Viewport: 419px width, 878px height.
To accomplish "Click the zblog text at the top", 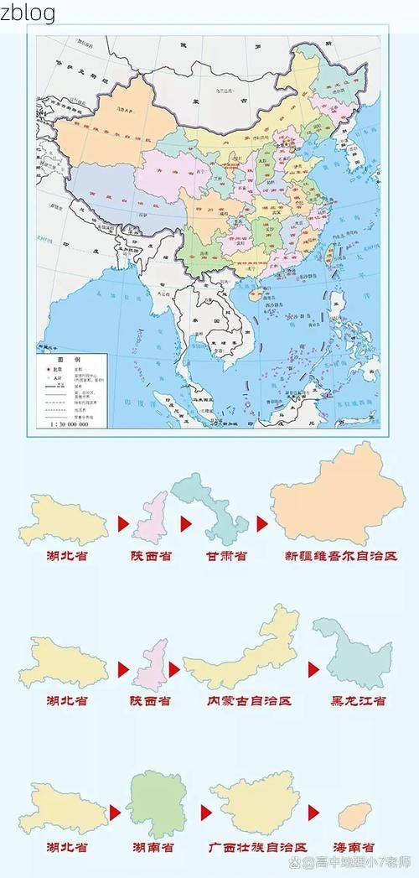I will point(28,13).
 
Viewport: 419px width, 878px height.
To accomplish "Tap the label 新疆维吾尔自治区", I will point(340,556).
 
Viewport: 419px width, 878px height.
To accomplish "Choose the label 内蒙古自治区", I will point(249,700).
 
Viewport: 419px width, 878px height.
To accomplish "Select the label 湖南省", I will point(153,848).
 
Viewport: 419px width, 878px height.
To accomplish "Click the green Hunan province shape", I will point(155,805).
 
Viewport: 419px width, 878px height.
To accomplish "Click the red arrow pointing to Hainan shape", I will point(313,813).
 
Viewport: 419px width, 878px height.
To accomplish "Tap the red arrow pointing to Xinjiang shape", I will point(262,524).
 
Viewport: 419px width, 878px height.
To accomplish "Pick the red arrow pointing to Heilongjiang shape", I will point(313,669).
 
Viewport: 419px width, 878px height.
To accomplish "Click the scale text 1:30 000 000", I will point(68,424).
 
